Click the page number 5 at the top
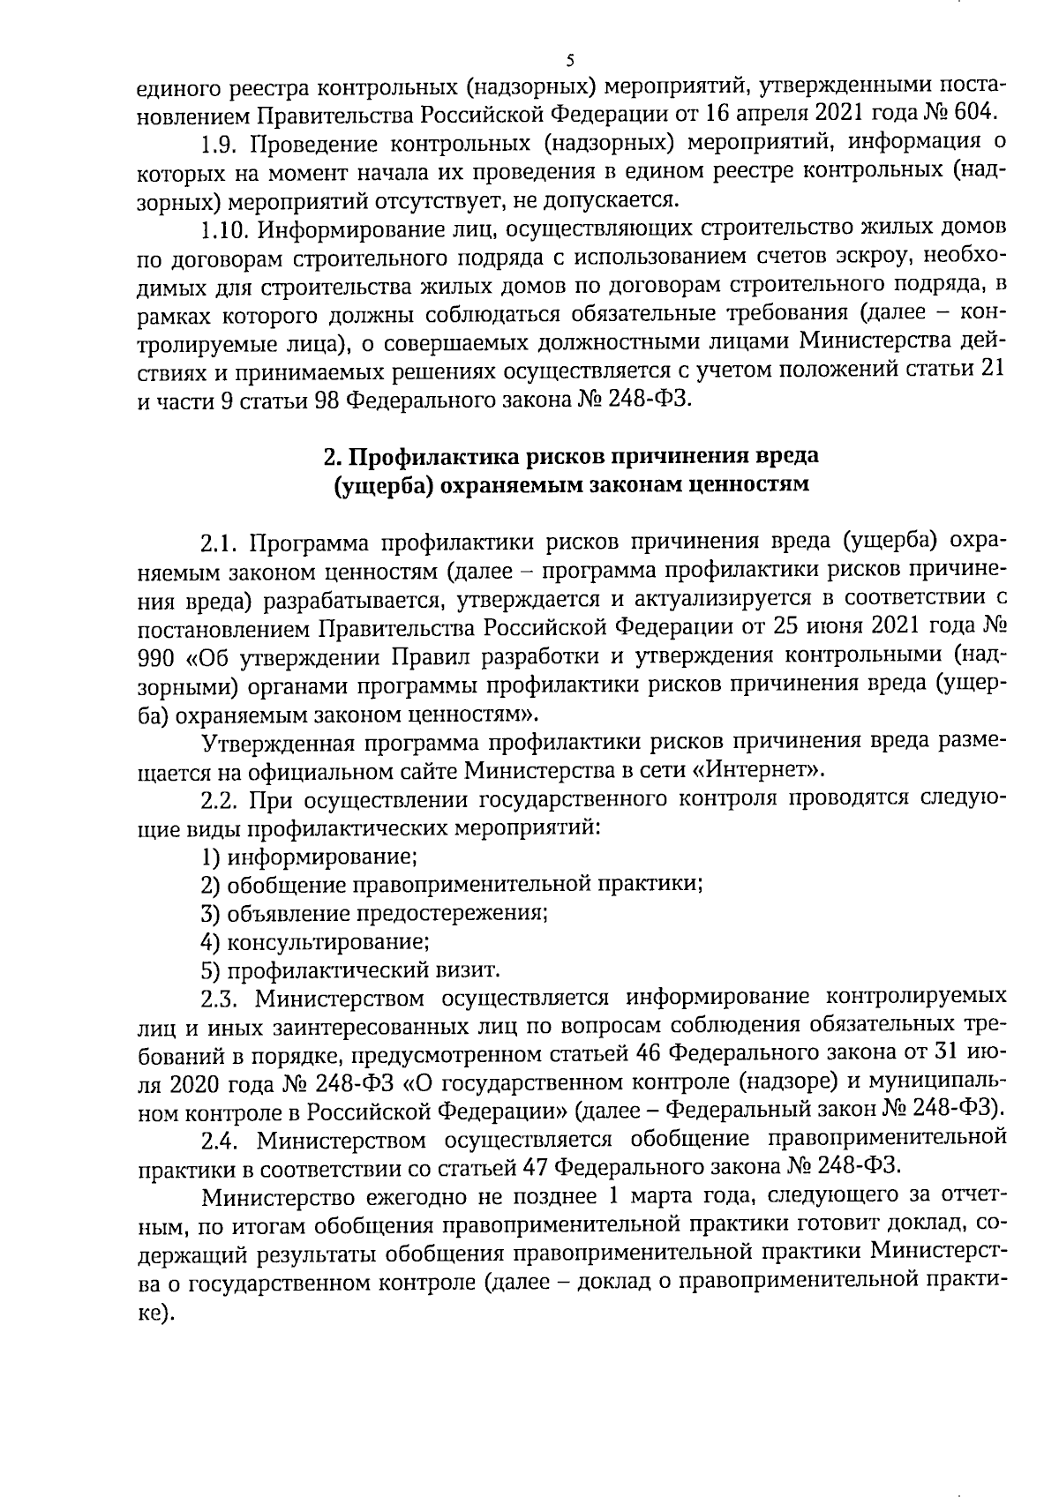click(x=569, y=60)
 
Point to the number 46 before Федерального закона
click(x=629, y=1054)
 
